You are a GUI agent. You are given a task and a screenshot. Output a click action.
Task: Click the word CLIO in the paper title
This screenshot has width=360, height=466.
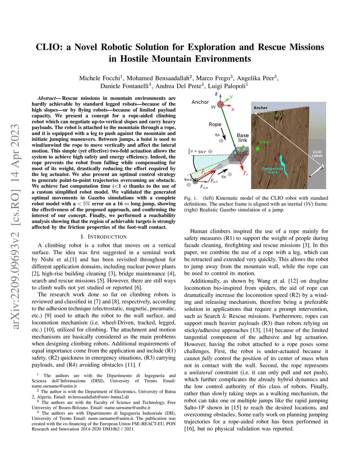[50, 47]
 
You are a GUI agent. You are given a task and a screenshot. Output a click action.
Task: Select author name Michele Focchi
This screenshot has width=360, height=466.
[99, 78]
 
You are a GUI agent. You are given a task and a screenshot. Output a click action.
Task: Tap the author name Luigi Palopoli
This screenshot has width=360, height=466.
[227, 86]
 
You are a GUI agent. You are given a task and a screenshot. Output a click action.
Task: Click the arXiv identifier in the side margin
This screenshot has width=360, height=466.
[15, 227]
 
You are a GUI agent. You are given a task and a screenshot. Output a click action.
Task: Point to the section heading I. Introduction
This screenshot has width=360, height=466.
[104, 237]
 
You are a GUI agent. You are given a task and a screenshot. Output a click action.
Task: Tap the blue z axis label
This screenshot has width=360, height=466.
[216, 94]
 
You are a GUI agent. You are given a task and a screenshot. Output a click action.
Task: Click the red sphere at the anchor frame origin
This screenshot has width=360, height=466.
[220, 104]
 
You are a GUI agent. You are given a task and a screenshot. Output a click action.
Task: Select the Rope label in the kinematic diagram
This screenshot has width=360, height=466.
[215, 125]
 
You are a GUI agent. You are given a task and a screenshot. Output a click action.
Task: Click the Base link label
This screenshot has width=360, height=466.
[243, 138]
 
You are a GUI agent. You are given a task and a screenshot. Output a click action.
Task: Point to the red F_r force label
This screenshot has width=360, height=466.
[245, 173]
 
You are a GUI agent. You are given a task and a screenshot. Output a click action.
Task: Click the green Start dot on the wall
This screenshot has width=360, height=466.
[258, 149]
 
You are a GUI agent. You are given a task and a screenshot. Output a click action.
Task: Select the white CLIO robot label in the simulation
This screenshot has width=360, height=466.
[317, 154]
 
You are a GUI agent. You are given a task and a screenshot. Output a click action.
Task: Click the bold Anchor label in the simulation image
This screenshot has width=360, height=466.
[261, 108]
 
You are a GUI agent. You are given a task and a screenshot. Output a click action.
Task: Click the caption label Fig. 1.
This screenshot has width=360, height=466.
[191, 198]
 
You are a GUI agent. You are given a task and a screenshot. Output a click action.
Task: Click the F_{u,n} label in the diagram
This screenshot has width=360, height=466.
[204, 187]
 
